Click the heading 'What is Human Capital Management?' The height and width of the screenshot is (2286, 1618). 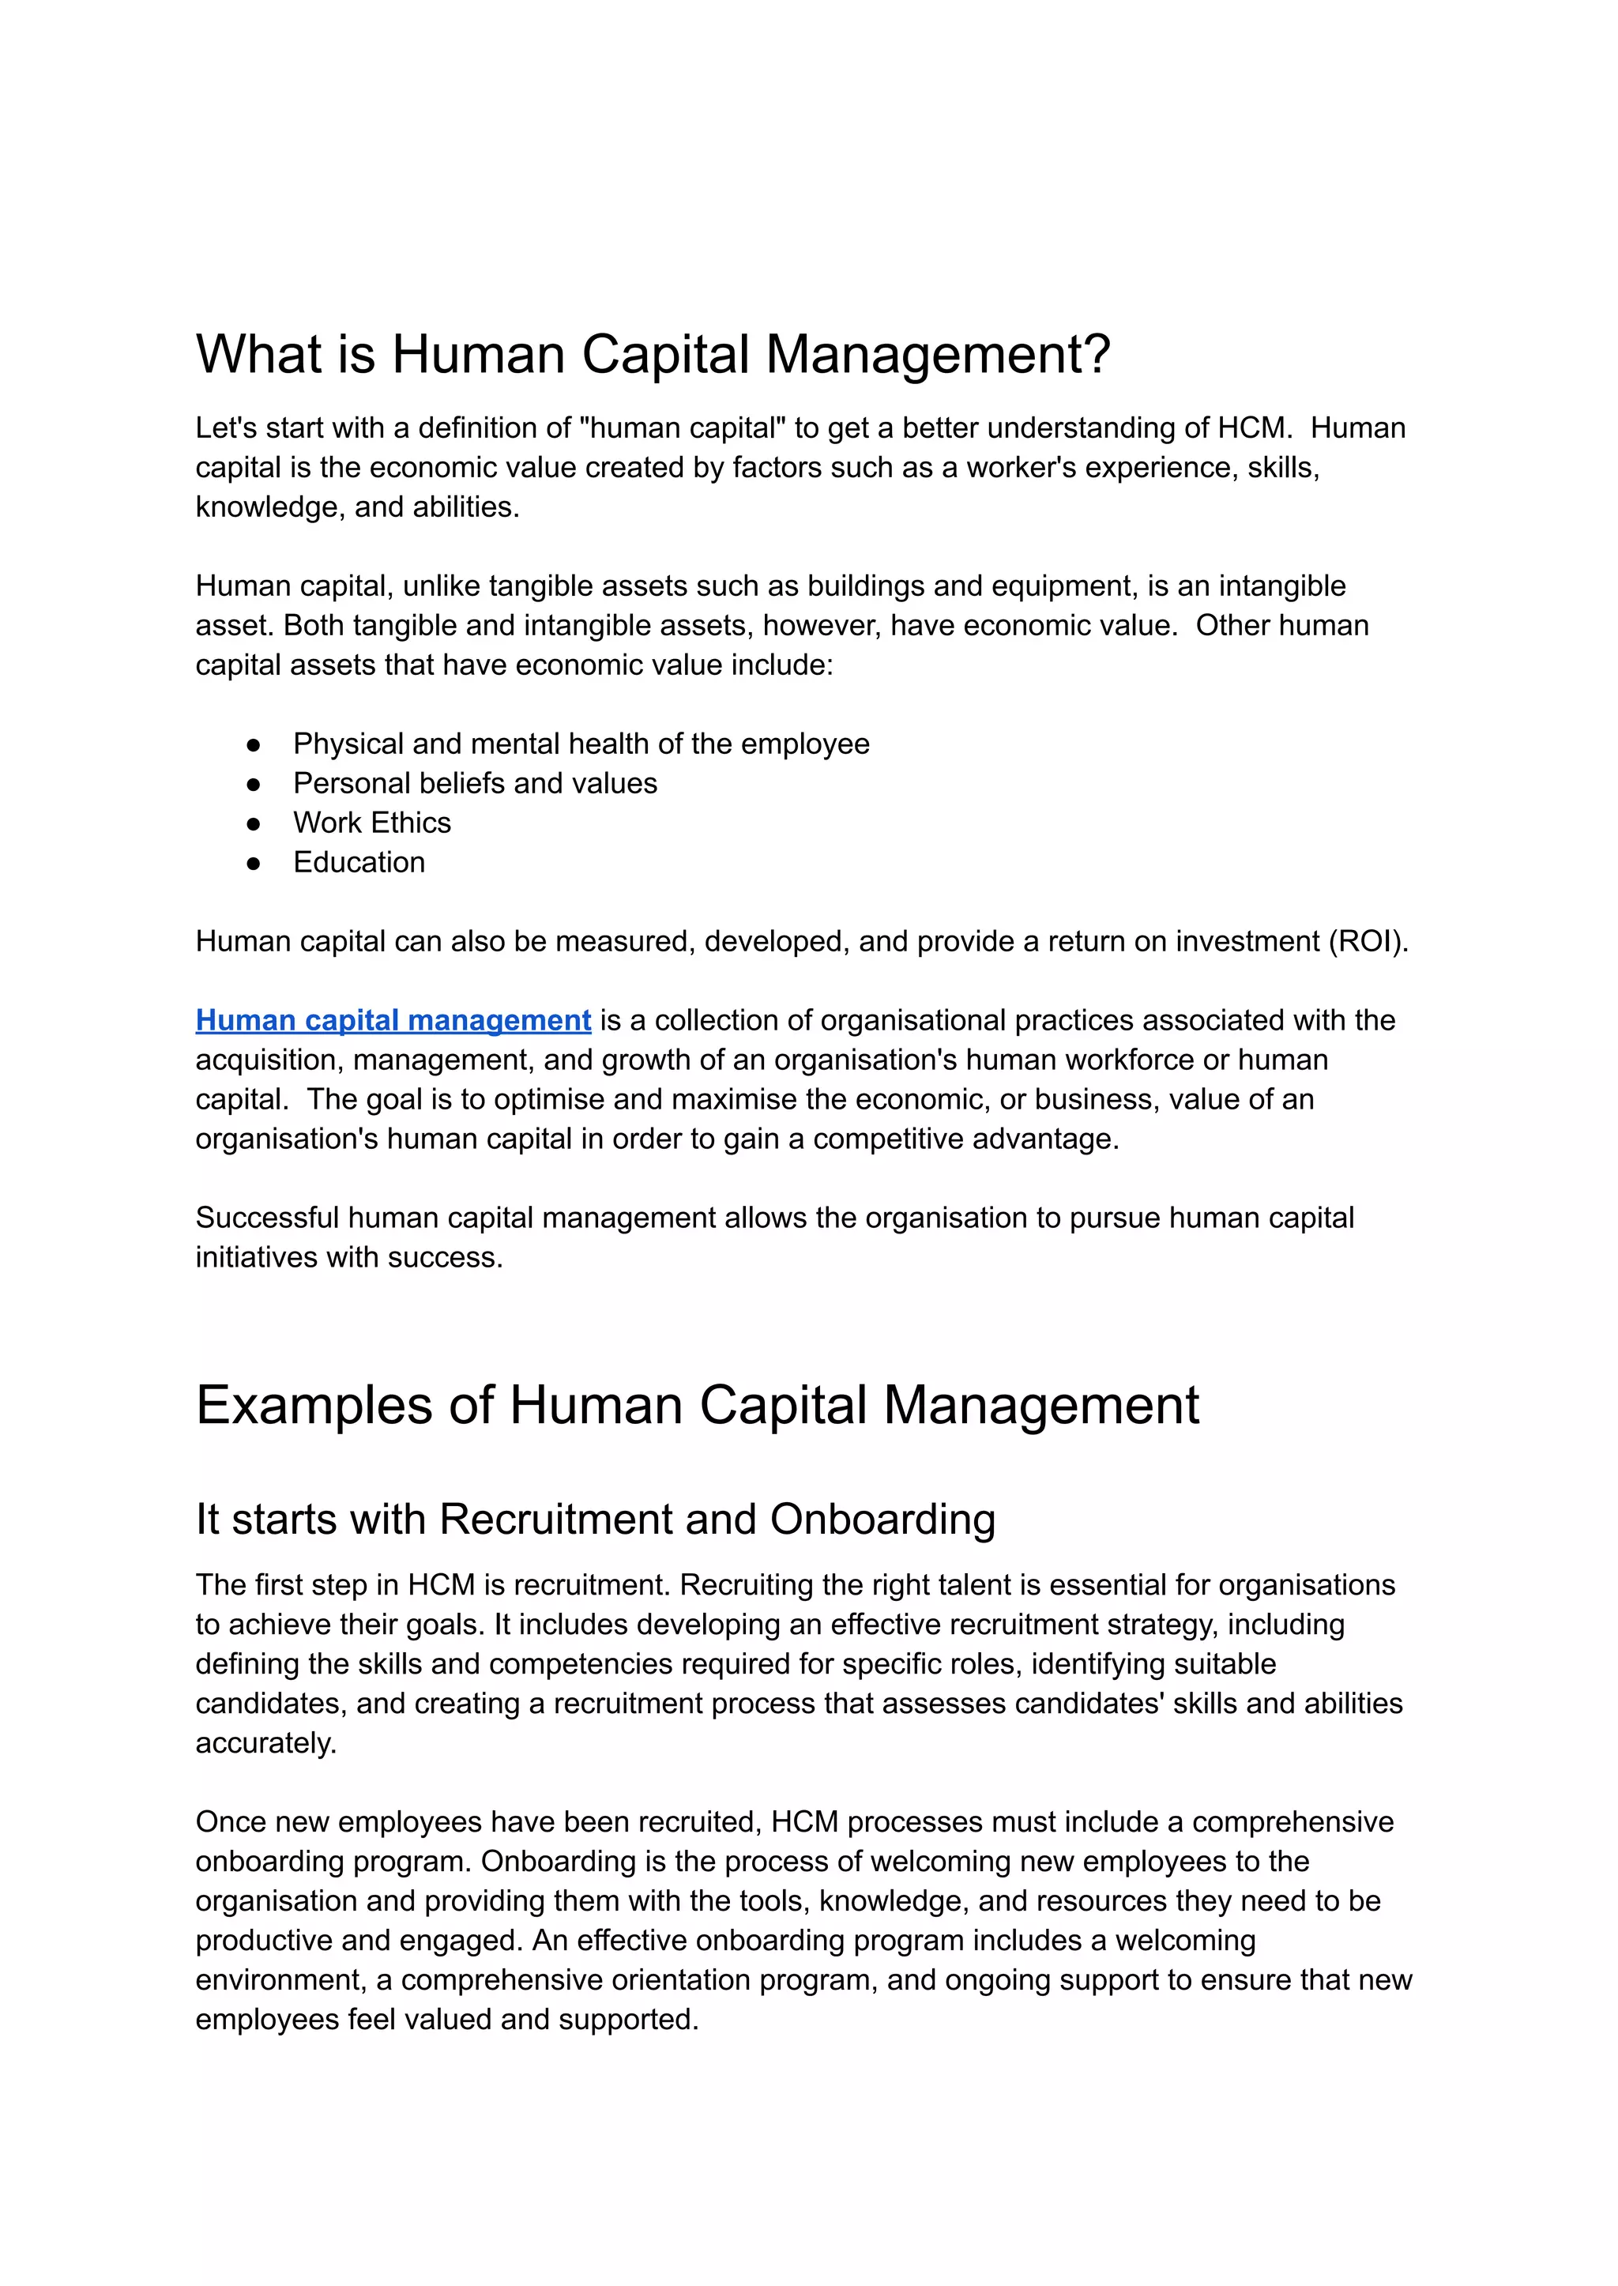653,354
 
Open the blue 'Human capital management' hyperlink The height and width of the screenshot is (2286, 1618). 393,1020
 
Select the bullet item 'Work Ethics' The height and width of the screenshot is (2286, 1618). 371,823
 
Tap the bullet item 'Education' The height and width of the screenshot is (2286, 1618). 359,862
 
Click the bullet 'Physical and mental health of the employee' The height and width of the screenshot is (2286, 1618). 581,744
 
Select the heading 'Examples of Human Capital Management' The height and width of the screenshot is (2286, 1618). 698,1405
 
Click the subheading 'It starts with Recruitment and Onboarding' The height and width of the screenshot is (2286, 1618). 595,1520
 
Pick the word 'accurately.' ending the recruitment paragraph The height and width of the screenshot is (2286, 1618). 266,1743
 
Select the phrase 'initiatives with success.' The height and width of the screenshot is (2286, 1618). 348,1258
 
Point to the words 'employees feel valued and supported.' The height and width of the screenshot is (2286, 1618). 446,2020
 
